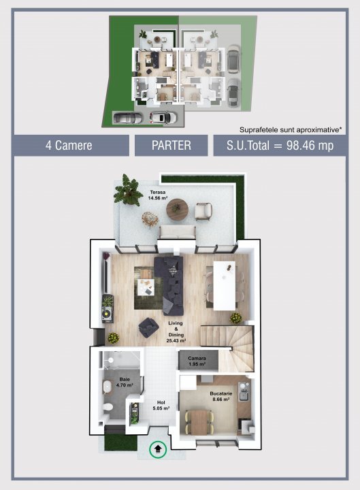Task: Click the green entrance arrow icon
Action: tap(159, 448)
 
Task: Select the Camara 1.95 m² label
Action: tap(197, 359)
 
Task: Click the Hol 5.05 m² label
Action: tap(161, 405)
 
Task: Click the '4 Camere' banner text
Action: tap(69, 146)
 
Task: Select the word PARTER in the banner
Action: tap(171, 146)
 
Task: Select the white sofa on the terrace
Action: tap(178, 231)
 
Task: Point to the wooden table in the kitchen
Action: tap(199, 420)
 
